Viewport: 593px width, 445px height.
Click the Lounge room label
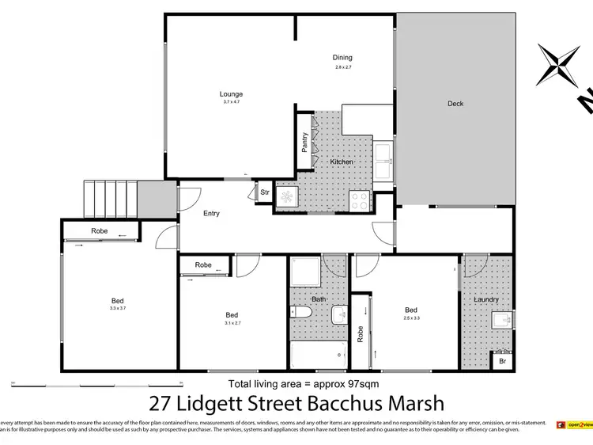231,94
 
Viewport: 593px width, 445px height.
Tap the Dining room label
342,58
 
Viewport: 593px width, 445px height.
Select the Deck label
455,104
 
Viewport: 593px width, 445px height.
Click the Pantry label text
304,142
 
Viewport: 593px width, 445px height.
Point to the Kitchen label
342,162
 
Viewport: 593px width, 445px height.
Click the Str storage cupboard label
265,192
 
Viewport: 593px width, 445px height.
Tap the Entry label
211,214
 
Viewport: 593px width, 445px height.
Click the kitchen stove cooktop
358,201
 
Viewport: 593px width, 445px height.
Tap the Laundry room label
485,300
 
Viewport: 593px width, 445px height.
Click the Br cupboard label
501,362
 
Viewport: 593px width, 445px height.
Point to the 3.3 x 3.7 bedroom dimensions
117,309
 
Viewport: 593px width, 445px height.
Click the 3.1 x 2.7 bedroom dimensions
232,323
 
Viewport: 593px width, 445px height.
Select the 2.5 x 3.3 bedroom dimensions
411,318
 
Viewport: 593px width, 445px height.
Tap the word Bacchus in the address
351,405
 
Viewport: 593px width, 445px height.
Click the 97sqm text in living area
364,384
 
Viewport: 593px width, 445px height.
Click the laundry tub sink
499,321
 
